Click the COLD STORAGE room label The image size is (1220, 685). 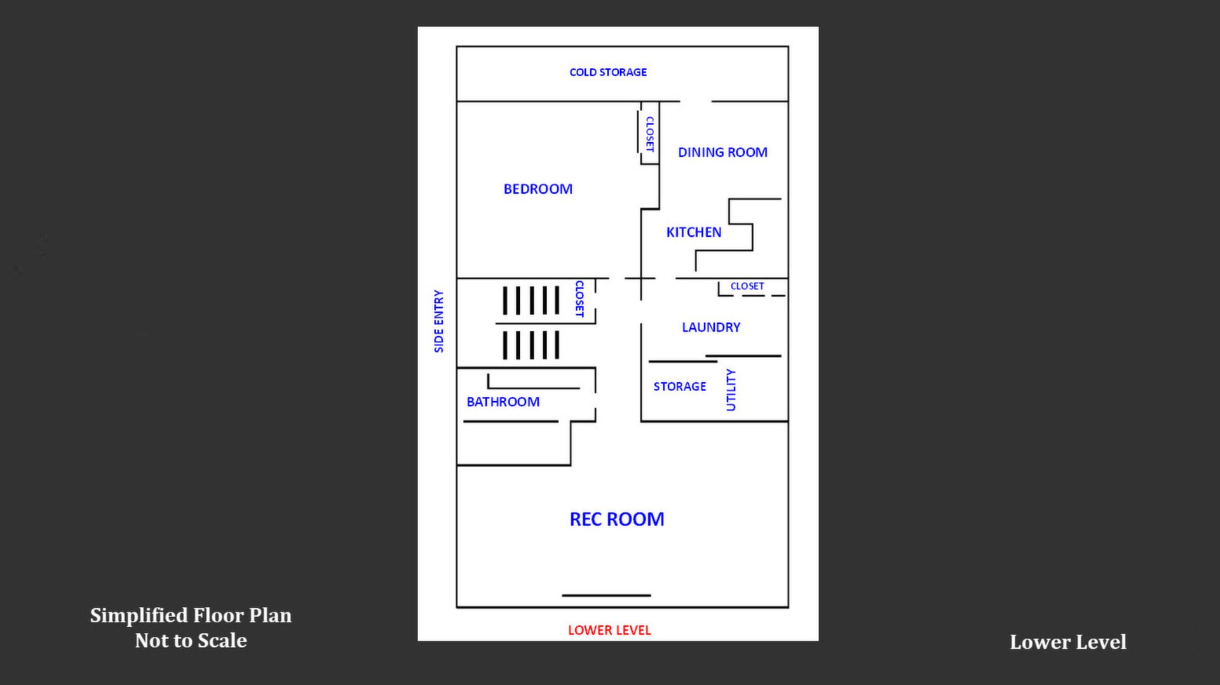608,72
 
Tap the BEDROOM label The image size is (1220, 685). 538,189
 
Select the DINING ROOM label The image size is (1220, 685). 722,152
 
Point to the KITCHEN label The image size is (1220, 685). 693,232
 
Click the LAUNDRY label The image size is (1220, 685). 711,328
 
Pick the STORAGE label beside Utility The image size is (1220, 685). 679,387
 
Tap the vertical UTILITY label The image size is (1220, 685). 731,390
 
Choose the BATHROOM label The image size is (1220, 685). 503,402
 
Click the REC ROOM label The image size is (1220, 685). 616,519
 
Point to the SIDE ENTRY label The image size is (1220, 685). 439,321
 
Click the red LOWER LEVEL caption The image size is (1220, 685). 609,630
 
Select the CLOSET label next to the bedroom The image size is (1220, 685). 649,134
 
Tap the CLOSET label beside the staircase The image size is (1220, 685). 579,298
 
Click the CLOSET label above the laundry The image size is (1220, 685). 747,286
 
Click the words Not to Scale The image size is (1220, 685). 191,641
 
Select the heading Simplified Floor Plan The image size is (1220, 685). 191,615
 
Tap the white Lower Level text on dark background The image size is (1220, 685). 1067,642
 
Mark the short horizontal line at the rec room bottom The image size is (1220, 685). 606,595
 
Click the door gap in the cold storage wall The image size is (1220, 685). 695,102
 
